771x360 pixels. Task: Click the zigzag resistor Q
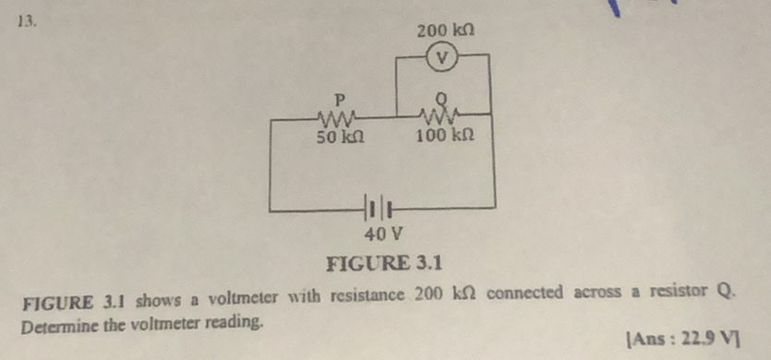tap(441, 114)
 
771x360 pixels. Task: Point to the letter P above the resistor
tap(339, 96)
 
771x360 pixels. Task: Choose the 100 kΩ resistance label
tap(445, 137)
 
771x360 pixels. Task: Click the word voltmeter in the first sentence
tap(228, 295)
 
